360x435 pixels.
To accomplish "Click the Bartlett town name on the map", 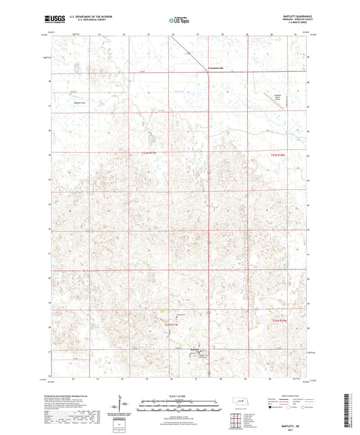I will tap(195, 349).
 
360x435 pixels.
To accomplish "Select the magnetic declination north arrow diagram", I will tap(124, 406).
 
